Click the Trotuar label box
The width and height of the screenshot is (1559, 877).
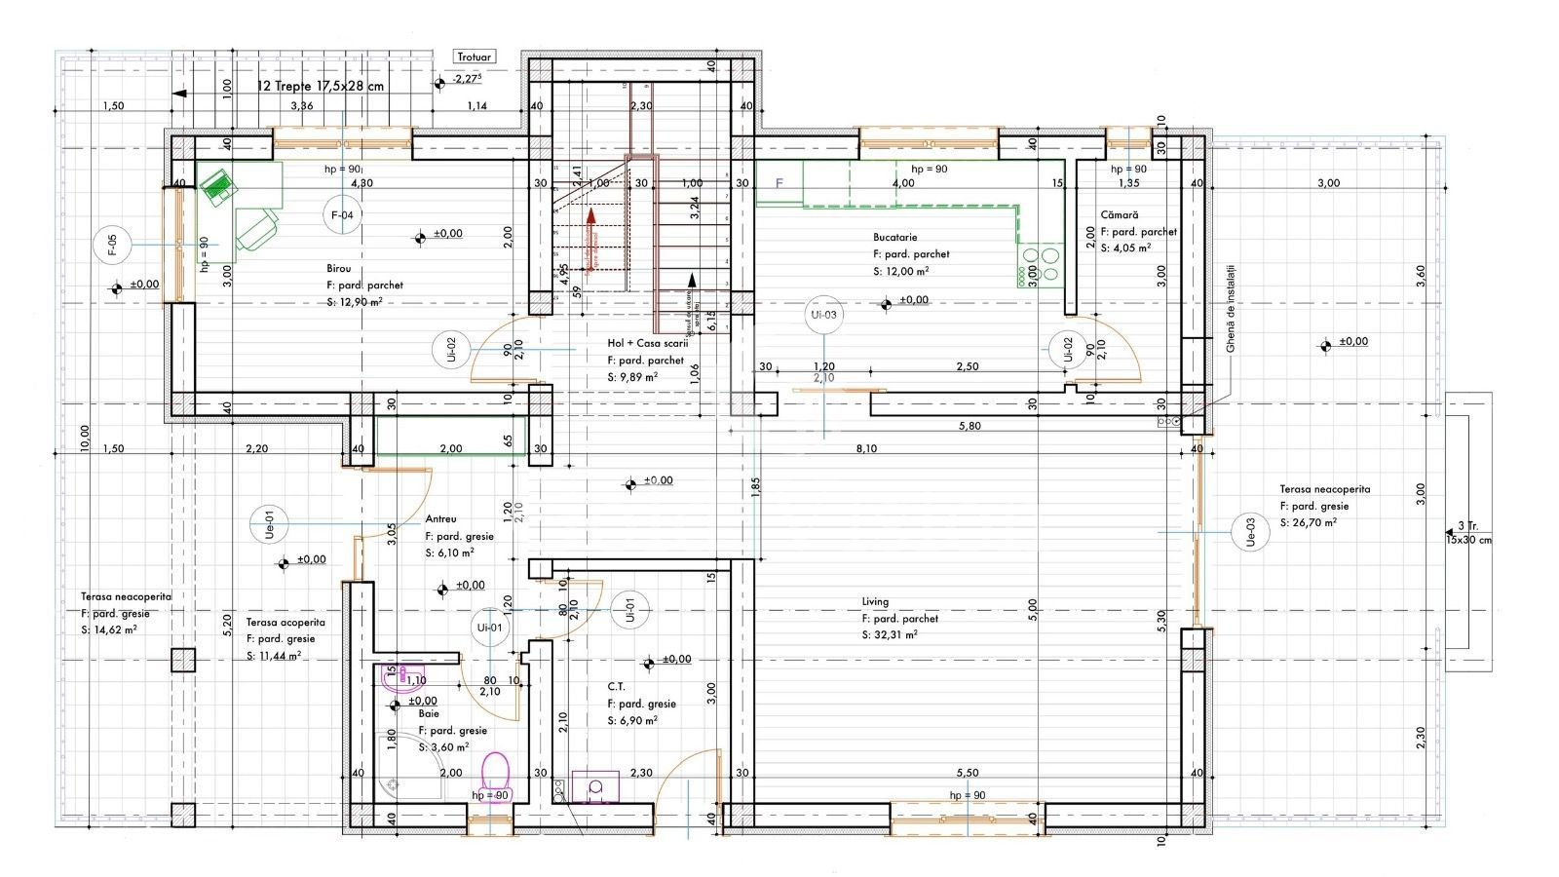(x=475, y=57)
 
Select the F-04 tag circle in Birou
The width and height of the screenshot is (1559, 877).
(x=341, y=214)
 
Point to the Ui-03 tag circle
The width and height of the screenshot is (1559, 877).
(x=823, y=314)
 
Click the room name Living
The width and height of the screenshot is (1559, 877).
(x=875, y=602)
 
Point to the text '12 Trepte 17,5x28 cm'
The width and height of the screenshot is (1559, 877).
(x=320, y=86)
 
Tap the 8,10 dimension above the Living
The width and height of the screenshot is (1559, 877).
(x=865, y=449)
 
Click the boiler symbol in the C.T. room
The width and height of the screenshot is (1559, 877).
(x=595, y=785)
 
